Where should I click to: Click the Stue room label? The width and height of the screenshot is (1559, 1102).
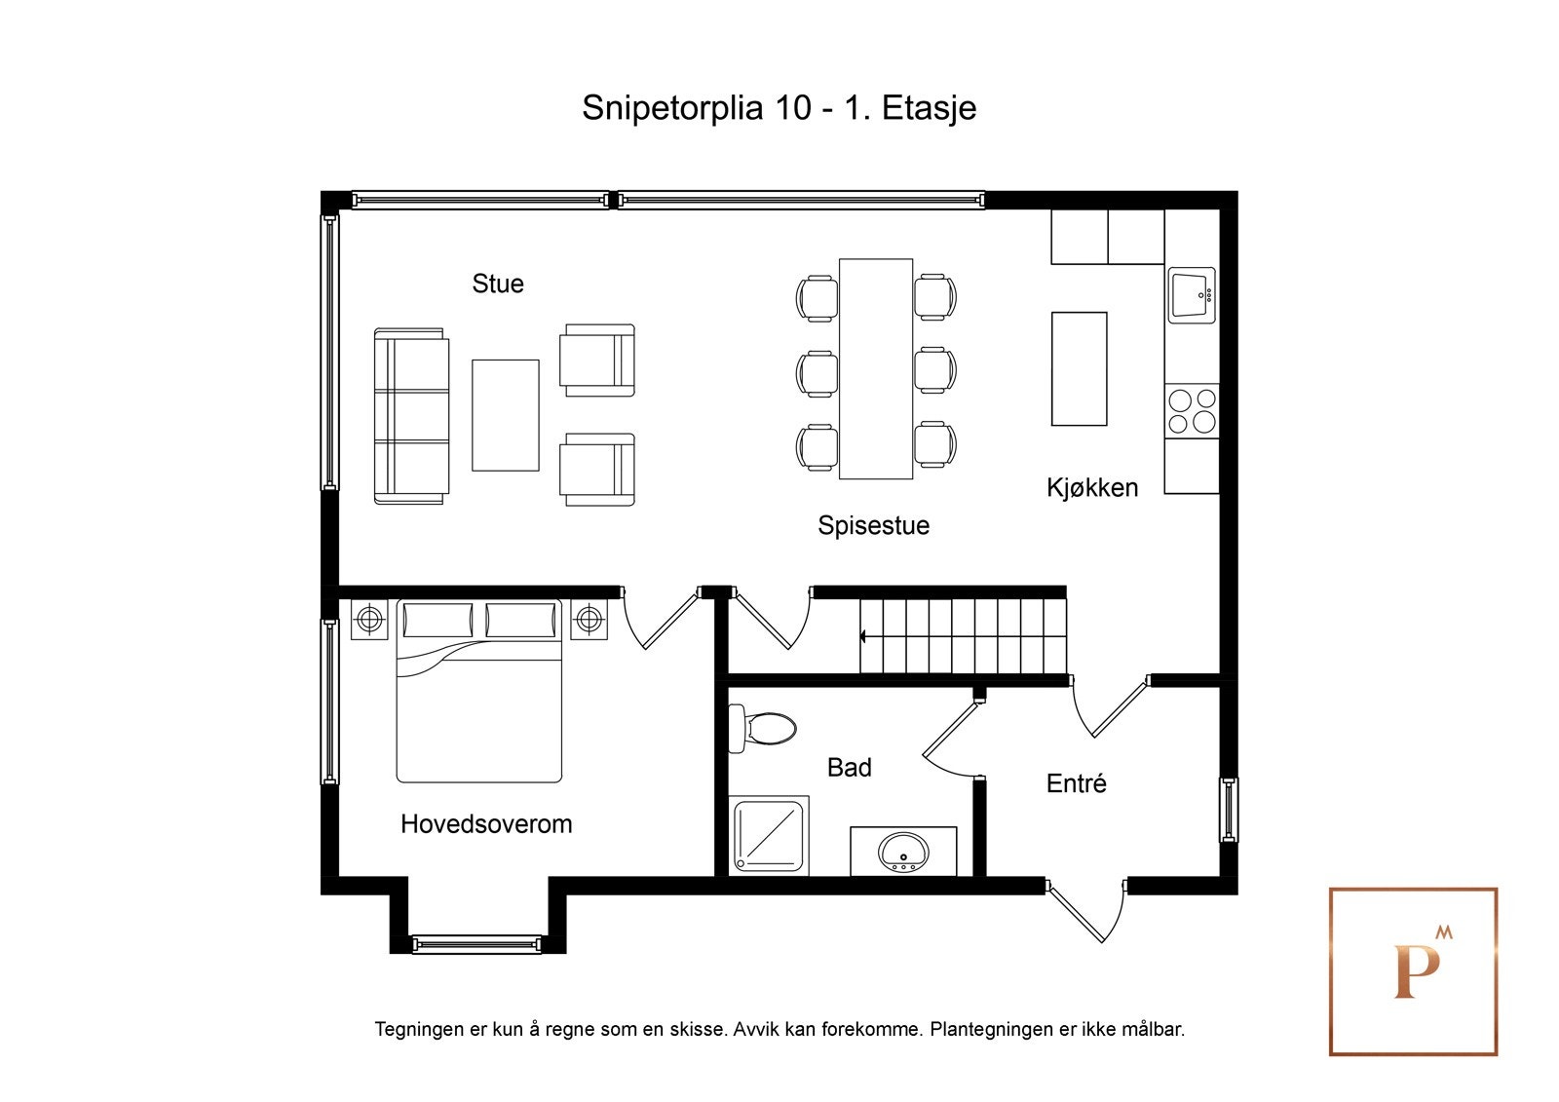pos(498,284)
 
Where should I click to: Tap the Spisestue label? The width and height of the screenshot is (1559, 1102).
pos(873,525)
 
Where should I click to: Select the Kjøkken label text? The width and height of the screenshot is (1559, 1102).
pos(1092,487)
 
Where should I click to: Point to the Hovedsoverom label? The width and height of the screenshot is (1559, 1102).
pos(486,824)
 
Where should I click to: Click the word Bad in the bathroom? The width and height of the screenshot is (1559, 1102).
pos(849,767)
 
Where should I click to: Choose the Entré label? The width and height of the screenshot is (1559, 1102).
pos(1076,783)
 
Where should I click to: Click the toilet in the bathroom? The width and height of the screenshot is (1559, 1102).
pos(762,729)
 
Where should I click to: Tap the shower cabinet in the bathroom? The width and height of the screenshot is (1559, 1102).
pos(769,835)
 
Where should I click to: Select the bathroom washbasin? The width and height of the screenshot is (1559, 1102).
pos(903,853)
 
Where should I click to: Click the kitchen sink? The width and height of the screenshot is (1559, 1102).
pos(1192,295)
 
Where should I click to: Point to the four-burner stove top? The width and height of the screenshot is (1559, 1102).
pos(1192,411)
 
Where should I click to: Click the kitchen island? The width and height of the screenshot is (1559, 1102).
pos(1079,368)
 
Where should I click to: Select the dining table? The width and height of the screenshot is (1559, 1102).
pos(876,368)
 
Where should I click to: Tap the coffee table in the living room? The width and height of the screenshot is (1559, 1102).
pos(506,415)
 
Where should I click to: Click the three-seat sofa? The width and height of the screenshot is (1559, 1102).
pos(411,416)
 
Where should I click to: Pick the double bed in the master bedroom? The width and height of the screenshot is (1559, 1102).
pos(478,691)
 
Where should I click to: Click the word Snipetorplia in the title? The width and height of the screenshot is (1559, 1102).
pos(672,108)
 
